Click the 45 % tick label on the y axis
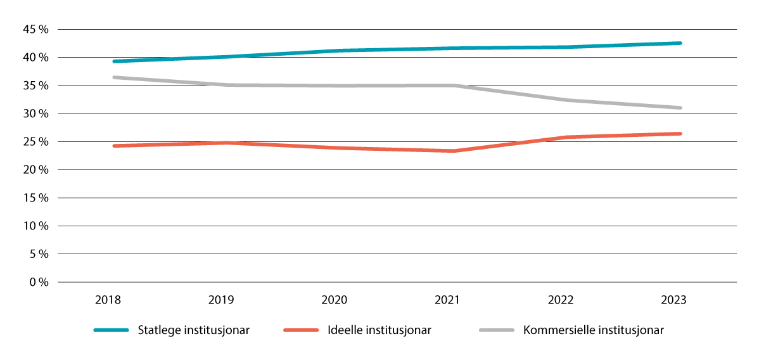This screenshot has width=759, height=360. (36, 30)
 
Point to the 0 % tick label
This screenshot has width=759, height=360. (39, 282)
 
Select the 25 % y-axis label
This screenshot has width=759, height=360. (36, 142)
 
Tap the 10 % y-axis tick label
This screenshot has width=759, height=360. (36, 226)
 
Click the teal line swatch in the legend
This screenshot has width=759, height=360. (113, 330)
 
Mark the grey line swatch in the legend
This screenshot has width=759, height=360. (497, 330)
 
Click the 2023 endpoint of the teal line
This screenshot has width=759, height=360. (680, 43)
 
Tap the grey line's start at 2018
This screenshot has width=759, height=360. (113, 77)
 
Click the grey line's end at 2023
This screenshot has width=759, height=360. (680, 108)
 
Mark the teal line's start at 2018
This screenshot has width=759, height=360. (113, 61)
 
